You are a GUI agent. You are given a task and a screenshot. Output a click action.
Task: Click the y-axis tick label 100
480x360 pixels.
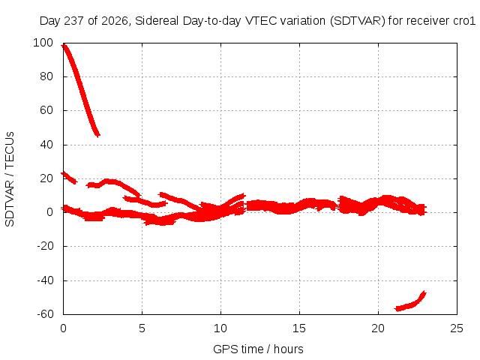(x=43, y=43)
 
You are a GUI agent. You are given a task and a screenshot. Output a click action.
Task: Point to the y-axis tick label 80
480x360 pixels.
(x=46, y=76)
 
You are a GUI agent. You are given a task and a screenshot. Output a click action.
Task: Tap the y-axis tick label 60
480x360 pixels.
(x=46, y=110)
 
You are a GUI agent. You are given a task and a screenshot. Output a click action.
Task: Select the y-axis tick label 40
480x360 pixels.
(x=46, y=145)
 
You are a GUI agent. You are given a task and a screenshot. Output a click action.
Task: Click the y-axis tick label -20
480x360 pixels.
(x=45, y=246)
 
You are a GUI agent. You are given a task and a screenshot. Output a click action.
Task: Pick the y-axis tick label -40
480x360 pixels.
(x=45, y=280)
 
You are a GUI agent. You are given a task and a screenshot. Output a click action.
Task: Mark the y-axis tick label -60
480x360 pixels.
(x=45, y=314)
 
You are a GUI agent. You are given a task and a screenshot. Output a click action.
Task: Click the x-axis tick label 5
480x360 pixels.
(x=142, y=328)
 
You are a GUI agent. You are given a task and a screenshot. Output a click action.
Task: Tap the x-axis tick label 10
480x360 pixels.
(x=220, y=328)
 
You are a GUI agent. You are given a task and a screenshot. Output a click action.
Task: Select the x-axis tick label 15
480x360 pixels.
(x=299, y=328)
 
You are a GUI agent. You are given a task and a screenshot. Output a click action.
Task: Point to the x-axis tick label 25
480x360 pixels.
(x=457, y=328)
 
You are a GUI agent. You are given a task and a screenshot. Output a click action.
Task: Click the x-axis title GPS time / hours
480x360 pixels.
(x=258, y=349)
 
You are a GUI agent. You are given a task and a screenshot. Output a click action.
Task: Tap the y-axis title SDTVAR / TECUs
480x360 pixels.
(x=10, y=179)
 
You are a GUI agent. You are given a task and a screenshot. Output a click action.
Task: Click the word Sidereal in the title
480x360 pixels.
(x=157, y=21)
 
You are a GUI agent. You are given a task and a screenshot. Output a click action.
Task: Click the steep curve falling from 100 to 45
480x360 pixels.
(x=81, y=89)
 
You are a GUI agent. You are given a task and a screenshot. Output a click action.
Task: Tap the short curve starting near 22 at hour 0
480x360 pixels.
(x=69, y=178)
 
